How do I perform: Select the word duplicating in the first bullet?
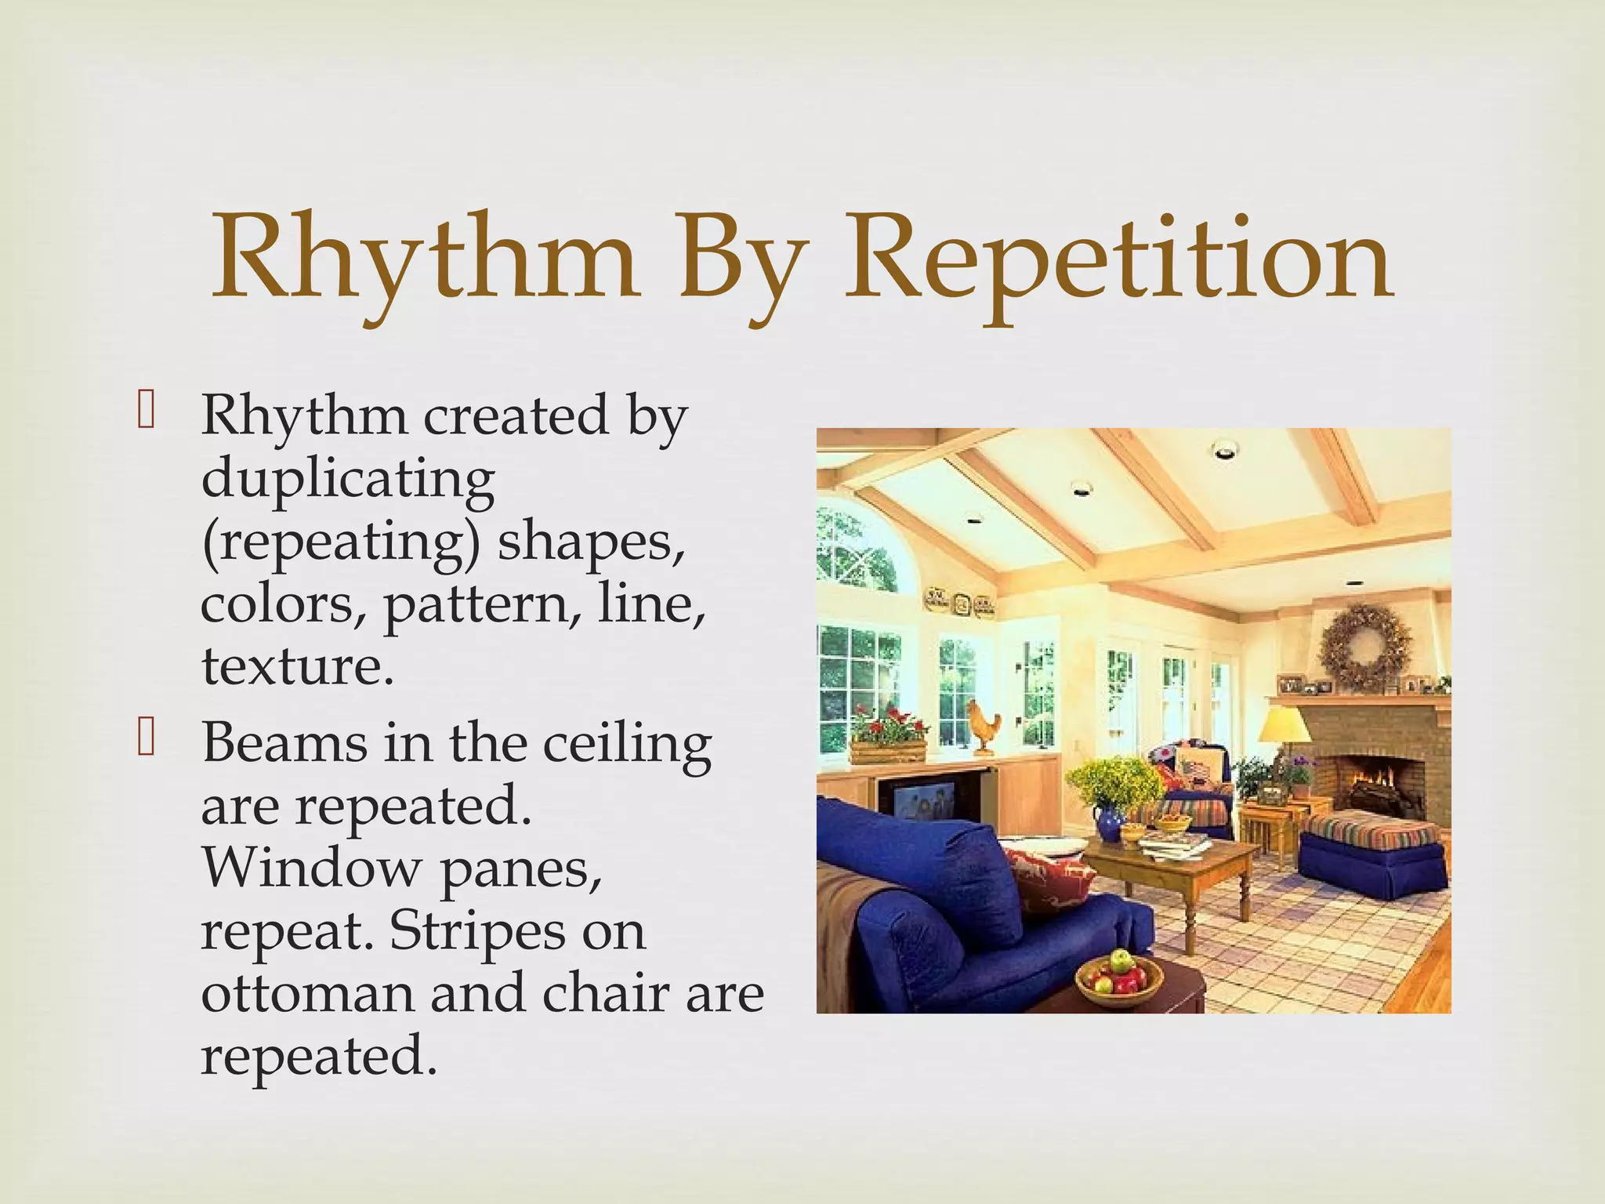click(348, 479)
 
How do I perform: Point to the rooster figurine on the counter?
click(984, 725)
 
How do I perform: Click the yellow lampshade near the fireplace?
click(1284, 725)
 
